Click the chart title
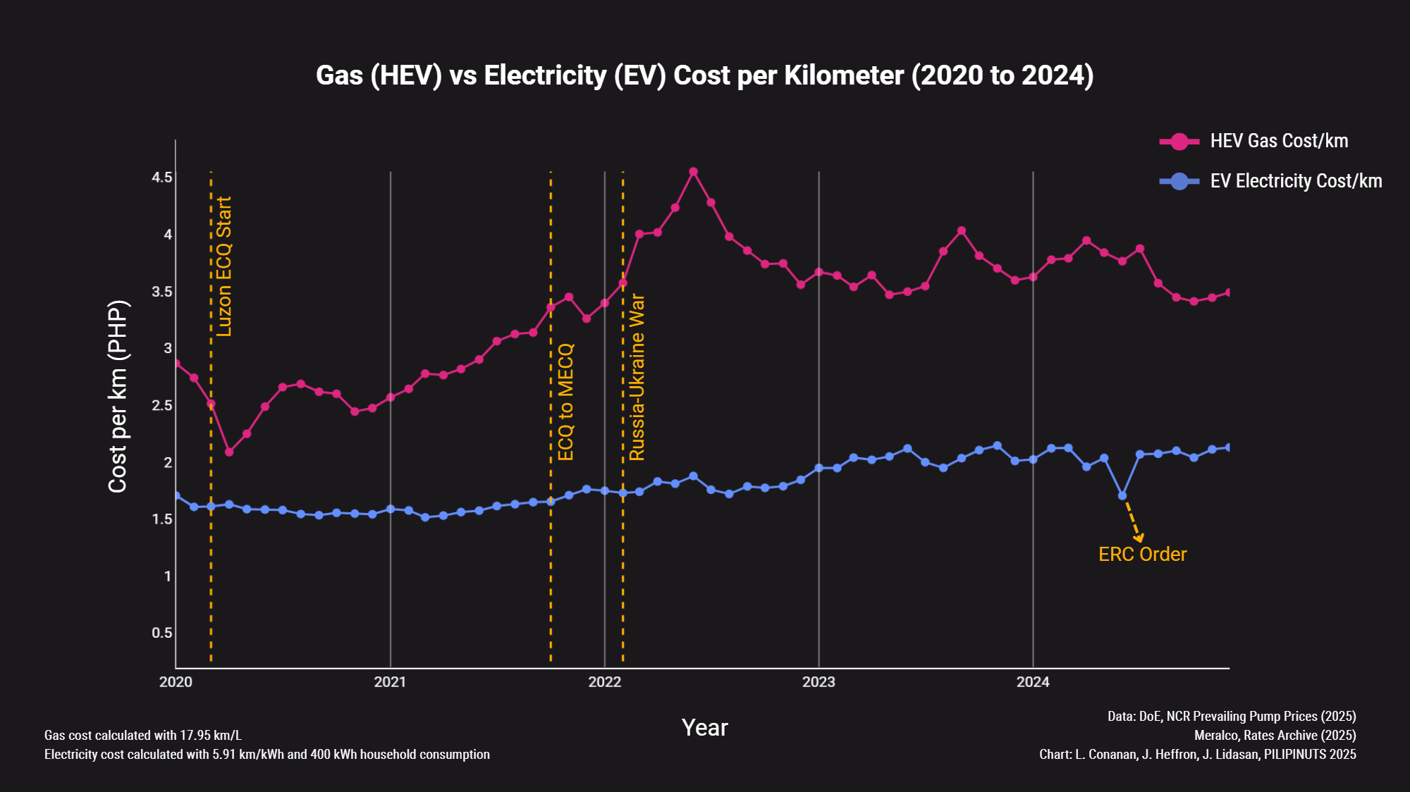(704, 75)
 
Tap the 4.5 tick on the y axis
(162, 177)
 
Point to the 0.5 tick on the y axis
(162, 633)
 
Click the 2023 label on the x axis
(819, 681)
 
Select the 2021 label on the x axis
(390, 681)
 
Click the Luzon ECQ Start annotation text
(224, 266)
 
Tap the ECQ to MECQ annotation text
(565, 402)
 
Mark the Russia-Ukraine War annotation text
(637, 378)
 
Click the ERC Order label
(1142, 555)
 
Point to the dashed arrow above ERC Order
(1132, 520)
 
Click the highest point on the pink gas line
(693, 172)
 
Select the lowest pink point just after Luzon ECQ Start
(229, 452)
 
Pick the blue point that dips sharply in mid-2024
(1122, 496)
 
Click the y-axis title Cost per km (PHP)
(118, 397)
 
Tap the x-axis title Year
(704, 727)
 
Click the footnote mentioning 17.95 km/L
(143, 735)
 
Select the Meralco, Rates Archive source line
(1275, 735)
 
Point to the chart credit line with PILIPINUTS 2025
(1197, 754)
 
